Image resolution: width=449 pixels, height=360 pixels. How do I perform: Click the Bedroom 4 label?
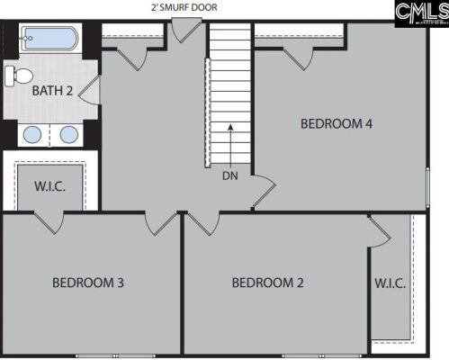click(337, 123)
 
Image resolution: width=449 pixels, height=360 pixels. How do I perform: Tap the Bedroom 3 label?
click(88, 283)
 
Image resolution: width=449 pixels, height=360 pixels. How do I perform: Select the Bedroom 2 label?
click(267, 283)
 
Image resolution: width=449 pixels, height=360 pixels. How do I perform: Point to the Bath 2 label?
click(52, 91)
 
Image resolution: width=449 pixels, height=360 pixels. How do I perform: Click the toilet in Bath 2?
click(19, 76)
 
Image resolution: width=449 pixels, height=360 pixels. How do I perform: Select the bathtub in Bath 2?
click(49, 39)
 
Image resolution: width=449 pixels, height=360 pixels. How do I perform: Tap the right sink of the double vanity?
click(69, 134)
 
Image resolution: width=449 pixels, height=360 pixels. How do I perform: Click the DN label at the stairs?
click(230, 175)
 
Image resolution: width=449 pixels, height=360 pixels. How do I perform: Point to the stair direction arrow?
click(230, 145)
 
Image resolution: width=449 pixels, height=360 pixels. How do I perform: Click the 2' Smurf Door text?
click(184, 7)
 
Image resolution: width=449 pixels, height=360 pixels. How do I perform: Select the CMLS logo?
click(422, 13)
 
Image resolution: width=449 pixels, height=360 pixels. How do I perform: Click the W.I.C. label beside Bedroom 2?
click(391, 283)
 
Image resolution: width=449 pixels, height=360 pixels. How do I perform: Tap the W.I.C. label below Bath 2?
click(49, 186)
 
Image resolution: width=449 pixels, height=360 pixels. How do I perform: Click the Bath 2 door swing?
click(89, 90)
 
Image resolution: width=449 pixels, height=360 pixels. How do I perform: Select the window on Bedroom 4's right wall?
click(428, 187)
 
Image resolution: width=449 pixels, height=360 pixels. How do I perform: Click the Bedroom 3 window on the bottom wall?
click(115, 356)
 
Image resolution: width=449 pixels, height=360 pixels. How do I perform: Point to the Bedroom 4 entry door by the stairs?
click(264, 192)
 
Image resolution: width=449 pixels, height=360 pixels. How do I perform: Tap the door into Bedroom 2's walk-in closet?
click(380, 231)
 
